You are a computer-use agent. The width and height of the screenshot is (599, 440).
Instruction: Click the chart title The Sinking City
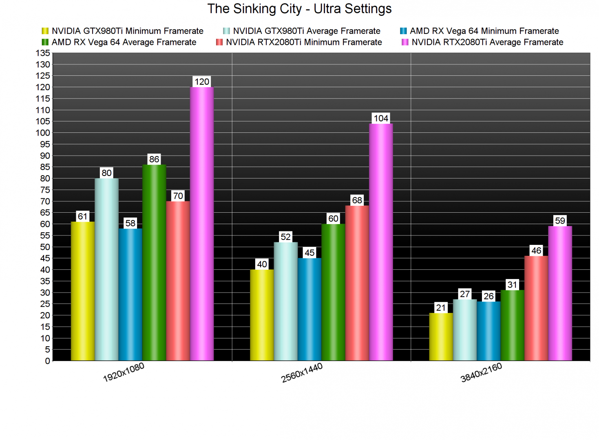pyautogui.click(x=299, y=9)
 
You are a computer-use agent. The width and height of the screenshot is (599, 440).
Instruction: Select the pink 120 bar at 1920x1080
pyautogui.click(x=202, y=224)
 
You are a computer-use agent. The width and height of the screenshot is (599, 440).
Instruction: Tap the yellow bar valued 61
pyautogui.click(x=83, y=291)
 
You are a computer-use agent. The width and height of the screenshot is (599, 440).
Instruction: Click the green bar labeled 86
pyautogui.click(x=154, y=263)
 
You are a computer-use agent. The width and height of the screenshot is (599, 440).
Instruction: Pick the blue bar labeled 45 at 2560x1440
pyautogui.click(x=309, y=309)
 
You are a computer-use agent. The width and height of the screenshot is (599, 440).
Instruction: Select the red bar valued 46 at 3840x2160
pyautogui.click(x=536, y=308)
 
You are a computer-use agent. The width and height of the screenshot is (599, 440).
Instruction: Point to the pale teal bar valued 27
pyautogui.click(x=465, y=330)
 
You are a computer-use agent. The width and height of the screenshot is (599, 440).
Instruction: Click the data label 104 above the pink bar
pyautogui.click(x=381, y=118)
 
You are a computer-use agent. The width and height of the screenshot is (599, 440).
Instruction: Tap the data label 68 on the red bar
pyautogui.click(x=357, y=200)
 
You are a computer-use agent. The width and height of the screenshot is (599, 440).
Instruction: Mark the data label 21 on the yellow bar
pyautogui.click(x=441, y=308)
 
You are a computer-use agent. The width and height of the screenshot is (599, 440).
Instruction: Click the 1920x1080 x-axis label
pyautogui.click(x=124, y=372)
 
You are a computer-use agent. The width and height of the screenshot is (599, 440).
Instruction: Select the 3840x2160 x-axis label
pyautogui.click(x=481, y=373)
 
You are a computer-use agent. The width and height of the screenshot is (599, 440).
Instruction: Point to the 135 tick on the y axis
pyautogui.click(x=43, y=53)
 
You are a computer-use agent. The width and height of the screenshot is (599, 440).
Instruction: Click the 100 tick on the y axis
pyautogui.click(x=43, y=133)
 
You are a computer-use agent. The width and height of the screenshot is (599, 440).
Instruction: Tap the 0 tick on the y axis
pyautogui.click(x=48, y=361)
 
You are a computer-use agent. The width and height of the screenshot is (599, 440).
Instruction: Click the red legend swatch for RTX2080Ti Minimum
pyautogui.click(x=219, y=42)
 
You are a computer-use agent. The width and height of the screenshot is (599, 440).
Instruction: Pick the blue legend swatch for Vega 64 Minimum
pyautogui.click(x=403, y=31)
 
